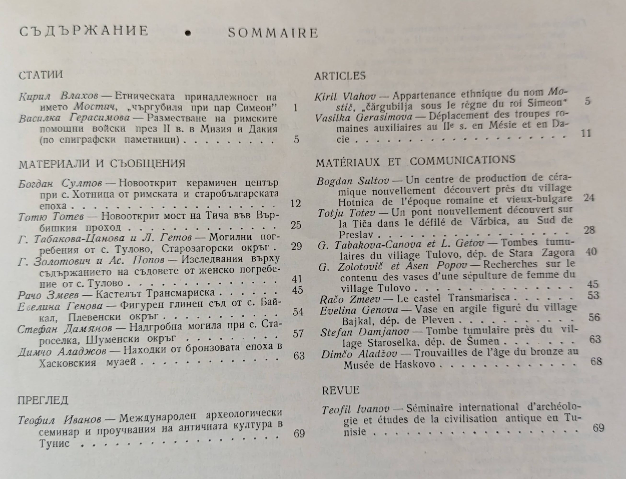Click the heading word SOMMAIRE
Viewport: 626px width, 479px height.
(x=273, y=33)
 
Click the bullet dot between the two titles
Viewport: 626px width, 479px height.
(x=188, y=34)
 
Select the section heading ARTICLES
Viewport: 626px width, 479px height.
(x=340, y=76)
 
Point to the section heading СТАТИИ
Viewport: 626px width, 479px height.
(x=40, y=75)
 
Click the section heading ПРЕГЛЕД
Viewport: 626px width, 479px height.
(x=43, y=401)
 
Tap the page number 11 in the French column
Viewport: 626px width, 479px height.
(x=586, y=133)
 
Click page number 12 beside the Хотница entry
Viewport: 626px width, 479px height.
(x=295, y=203)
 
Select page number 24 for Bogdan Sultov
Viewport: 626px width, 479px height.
(x=589, y=198)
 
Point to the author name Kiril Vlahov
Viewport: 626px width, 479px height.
(x=345, y=97)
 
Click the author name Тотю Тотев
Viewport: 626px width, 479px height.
(x=51, y=217)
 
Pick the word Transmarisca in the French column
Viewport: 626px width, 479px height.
(x=479, y=298)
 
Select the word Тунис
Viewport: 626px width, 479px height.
(x=54, y=444)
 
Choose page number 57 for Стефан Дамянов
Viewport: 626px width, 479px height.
(x=298, y=333)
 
